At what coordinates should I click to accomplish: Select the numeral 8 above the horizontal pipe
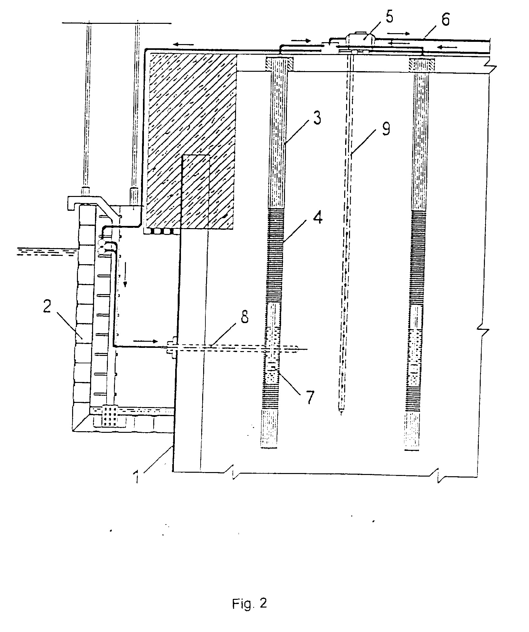pos(245,319)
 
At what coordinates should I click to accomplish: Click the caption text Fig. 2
pos(250,604)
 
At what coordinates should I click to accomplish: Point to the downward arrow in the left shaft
pos(126,281)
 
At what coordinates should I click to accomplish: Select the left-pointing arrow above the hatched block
pos(184,44)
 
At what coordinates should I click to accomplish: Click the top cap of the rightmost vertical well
pos(422,64)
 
